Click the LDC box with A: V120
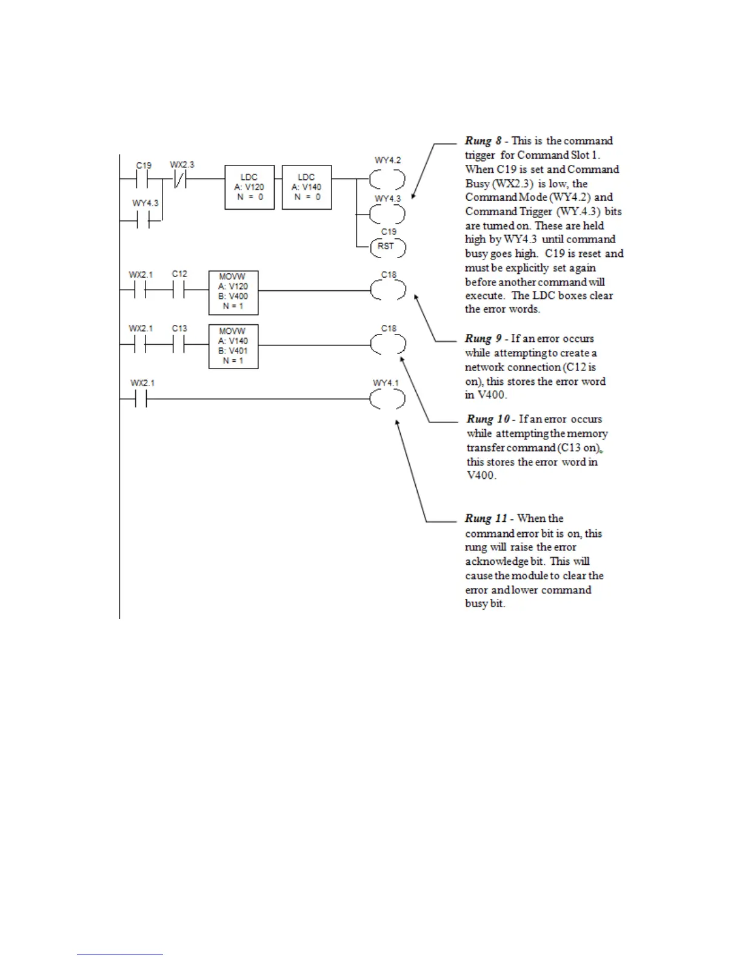click(x=249, y=187)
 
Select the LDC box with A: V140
click(x=307, y=187)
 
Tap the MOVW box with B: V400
click(x=233, y=292)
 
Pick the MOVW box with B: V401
click(x=233, y=346)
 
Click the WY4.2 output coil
click(x=387, y=179)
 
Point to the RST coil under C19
click(x=387, y=247)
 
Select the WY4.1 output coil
click(x=387, y=399)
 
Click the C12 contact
click(x=179, y=291)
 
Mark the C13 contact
click(x=179, y=345)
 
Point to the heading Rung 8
click(x=483, y=141)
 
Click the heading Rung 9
click(x=483, y=339)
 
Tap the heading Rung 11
click(x=486, y=519)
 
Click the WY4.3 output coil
click(x=387, y=214)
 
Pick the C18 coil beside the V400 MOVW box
click(x=387, y=291)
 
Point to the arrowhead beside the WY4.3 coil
click(x=413, y=196)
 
